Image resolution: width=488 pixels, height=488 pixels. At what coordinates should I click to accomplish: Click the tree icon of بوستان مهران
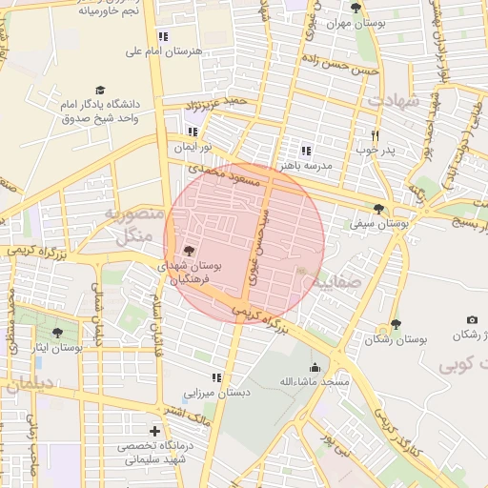pos(356,9)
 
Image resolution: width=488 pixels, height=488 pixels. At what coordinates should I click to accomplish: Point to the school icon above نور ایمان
pos(193,132)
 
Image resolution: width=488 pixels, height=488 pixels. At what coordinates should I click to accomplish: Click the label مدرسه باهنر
pos(305,165)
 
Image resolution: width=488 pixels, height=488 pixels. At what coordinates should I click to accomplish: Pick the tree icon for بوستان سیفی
pos(379,209)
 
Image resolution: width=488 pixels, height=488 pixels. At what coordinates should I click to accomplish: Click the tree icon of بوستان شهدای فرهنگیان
pos(189,251)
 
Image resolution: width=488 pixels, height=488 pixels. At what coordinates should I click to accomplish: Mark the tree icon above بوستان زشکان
pos(396,324)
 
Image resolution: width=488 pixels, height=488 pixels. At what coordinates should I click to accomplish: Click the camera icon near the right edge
pos(472,319)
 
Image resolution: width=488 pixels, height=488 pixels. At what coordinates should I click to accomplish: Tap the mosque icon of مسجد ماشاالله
pos(315,367)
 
